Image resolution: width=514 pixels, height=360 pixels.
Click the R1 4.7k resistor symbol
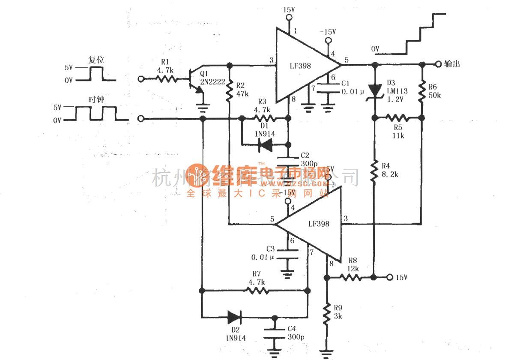point(165,79)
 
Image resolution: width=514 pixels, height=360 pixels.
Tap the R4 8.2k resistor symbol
point(375,169)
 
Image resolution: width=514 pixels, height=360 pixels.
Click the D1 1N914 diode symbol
point(266,146)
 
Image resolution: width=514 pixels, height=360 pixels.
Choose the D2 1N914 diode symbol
point(235,317)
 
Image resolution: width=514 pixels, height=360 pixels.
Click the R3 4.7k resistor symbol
point(263,118)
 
